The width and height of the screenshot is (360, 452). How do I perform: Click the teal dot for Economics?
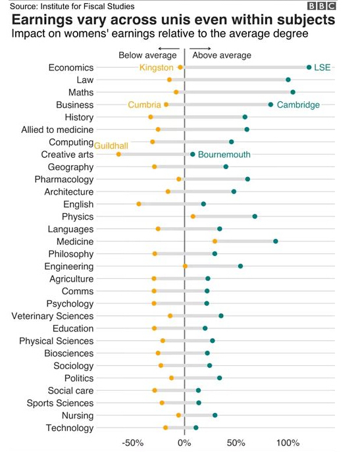pos(309,67)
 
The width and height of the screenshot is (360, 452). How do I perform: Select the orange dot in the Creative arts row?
pos(118,154)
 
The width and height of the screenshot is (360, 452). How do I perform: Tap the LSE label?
pos(322,67)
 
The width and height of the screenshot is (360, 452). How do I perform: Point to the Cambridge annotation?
pos(298,105)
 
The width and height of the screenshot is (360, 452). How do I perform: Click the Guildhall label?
pos(111,145)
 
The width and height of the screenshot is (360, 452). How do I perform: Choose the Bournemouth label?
pos(224,155)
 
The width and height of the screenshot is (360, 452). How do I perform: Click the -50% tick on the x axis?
pos(133,443)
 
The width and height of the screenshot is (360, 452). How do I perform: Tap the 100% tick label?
pos(288,443)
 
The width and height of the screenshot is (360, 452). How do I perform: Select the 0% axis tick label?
pos(184,443)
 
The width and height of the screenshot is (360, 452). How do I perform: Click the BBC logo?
pos(322,6)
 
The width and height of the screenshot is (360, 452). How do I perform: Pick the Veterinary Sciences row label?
pos(53,316)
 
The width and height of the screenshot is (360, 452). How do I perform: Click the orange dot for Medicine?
pos(215,241)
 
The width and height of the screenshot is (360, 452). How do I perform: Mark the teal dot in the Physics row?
pos(255,216)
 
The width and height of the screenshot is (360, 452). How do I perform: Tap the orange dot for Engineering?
pos(185,266)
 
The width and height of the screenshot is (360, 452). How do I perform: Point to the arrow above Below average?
pos(168,49)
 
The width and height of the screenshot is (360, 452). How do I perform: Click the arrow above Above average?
pos(200,49)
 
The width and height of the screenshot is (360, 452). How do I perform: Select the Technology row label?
pos(70,428)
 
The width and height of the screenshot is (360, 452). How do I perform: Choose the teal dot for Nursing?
pos(215,415)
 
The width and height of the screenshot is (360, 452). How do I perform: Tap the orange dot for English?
pos(139,204)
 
